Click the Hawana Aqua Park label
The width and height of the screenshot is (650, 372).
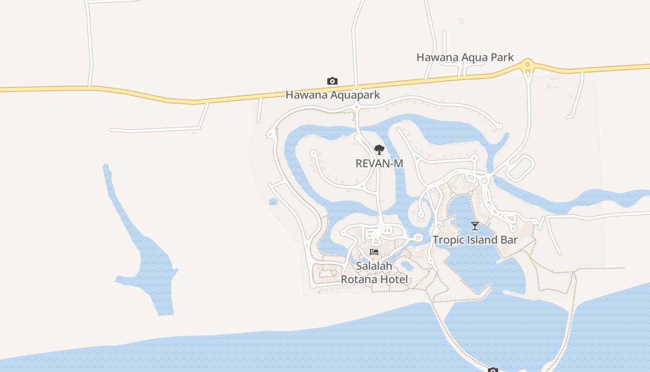click(x=465, y=57)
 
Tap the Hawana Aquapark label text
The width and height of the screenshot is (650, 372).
click(x=332, y=95)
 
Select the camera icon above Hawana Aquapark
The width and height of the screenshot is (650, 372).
click(x=332, y=81)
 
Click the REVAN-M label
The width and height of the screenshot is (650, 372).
click(x=379, y=163)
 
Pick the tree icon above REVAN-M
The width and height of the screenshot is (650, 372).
click(x=379, y=150)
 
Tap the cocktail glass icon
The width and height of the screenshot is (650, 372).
click(x=474, y=226)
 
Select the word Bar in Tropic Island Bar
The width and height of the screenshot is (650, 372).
click(x=509, y=240)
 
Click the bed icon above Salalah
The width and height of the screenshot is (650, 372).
click(x=374, y=252)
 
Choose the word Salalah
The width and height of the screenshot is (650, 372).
click(x=374, y=266)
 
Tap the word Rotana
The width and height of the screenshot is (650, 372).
click(x=359, y=279)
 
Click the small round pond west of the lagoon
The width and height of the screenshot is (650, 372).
click(x=273, y=202)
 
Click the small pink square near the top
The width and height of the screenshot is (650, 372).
click(x=461, y=20)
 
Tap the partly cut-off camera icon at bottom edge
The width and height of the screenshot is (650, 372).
click(x=493, y=370)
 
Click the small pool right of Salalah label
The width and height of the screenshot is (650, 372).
click(x=407, y=266)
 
